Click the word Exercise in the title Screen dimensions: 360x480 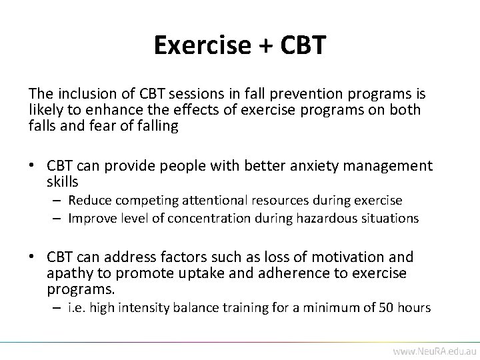pos(200,45)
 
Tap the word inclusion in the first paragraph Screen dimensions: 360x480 pos(82,93)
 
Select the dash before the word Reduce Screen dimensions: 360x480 pos(57,200)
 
